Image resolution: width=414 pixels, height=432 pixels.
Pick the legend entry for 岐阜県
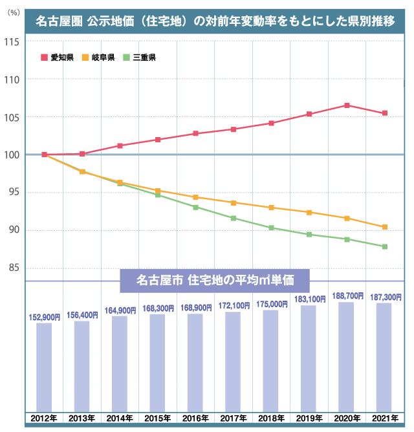98,58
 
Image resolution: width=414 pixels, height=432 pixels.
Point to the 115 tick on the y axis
12,42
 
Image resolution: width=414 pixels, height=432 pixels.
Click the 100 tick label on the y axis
12,155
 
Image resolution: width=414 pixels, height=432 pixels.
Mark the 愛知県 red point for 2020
347,105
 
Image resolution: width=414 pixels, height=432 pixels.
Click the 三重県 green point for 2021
385,246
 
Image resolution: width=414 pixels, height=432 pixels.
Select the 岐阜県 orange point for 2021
385,227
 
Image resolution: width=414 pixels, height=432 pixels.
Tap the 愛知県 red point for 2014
120,146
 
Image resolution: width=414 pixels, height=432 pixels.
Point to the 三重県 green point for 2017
234,218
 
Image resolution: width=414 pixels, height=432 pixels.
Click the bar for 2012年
44,365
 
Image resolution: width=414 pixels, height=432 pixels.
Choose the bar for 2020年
347,356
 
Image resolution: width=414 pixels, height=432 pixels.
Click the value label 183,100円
309,299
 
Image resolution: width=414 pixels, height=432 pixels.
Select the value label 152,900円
44,317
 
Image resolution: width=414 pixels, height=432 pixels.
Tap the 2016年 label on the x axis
195,418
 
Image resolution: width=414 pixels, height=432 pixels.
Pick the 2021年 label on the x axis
385,418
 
